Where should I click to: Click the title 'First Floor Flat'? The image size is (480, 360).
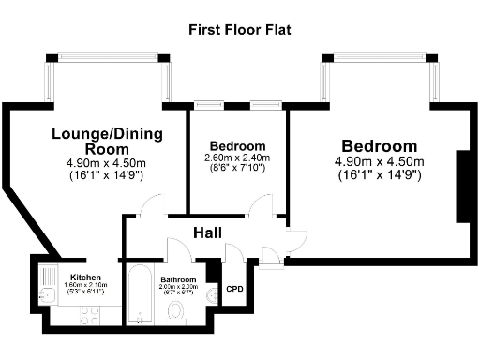pyautogui.click(x=240, y=30)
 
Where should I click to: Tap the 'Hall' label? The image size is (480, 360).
pyautogui.click(x=207, y=232)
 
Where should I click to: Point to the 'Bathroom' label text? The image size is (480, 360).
pyautogui.click(x=177, y=279)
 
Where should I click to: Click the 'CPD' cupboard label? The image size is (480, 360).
pyautogui.click(x=234, y=290)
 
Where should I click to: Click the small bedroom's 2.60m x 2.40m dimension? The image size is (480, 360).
pyautogui.click(x=237, y=158)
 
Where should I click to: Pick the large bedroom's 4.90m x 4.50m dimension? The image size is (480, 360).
pyautogui.click(x=379, y=162)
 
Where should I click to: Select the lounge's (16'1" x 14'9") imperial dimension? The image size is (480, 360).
pyautogui.click(x=107, y=175)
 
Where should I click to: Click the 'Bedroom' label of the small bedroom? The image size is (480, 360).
pyautogui.click(x=237, y=146)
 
